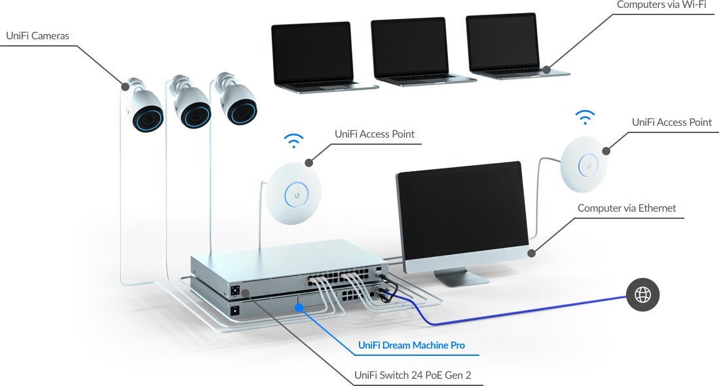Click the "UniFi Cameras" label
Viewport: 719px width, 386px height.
tap(37, 35)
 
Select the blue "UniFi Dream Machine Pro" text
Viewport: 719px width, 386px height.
tap(412, 345)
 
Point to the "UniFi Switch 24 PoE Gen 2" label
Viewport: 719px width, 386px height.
tap(413, 376)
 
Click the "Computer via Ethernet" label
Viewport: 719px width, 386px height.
tap(626, 208)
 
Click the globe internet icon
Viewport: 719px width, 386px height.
tap(642, 296)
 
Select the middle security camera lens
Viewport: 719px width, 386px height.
tap(195, 115)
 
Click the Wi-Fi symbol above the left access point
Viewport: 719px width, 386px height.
tap(294, 141)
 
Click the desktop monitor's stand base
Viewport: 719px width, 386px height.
tap(462, 277)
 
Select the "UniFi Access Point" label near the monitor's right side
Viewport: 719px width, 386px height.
tap(671, 123)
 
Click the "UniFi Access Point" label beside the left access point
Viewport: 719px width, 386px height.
tap(375, 134)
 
